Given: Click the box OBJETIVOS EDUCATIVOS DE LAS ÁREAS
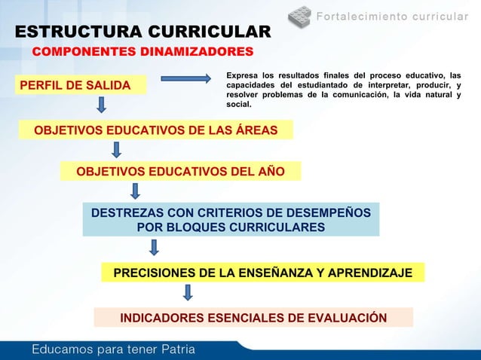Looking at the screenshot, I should [x=155, y=131].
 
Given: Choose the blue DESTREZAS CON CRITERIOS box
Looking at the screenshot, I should [x=231, y=220].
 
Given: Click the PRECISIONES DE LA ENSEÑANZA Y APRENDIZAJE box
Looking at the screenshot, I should [x=262, y=273].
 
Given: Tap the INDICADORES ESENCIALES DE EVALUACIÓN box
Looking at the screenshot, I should [x=253, y=318].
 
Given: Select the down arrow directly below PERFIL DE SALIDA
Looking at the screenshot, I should [x=101, y=105].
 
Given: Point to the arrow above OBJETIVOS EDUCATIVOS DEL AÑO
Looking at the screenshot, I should [x=117, y=151].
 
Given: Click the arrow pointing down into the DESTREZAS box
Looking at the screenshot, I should [x=135, y=191].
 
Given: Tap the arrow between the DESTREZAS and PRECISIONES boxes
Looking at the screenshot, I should [x=155, y=248].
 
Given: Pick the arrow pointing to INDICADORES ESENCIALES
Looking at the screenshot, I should [x=188, y=292].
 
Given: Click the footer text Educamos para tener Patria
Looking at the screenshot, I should [x=113, y=349].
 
